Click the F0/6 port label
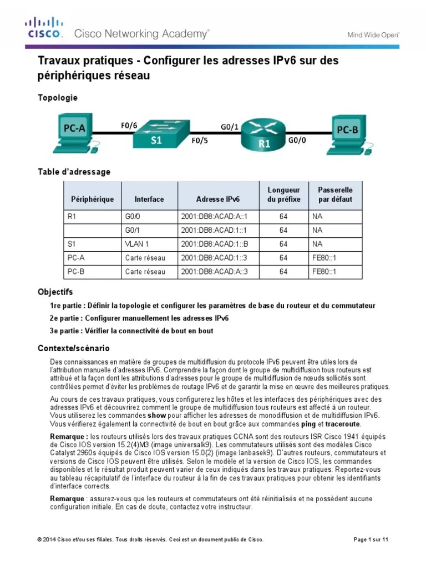[129, 126]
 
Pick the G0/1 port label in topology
[229, 127]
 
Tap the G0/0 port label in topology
[297, 141]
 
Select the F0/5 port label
[200, 141]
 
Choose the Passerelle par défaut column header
[335, 194]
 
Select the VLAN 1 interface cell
[137, 243]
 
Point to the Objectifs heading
[55, 292]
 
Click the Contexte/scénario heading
[73, 348]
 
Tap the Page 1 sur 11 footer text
[371, 540]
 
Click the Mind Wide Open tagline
[373, 34]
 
